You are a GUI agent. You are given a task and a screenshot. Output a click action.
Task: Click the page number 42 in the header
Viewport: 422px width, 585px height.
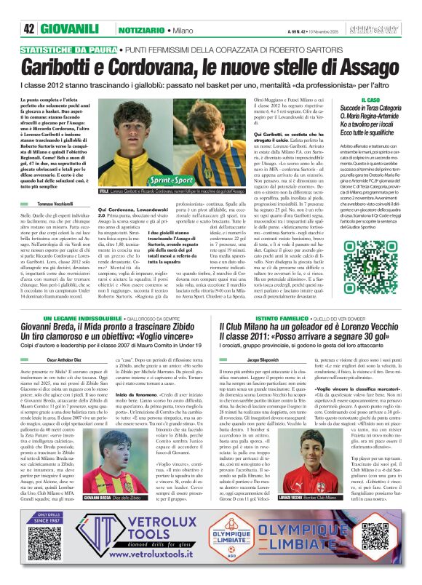coord(30,29)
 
